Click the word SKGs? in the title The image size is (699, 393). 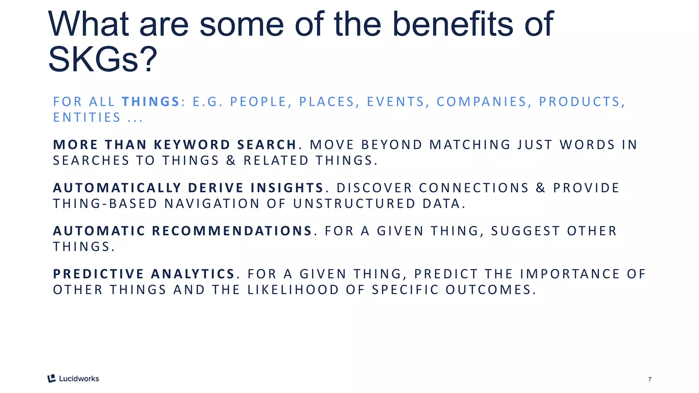click(x=102, y=60)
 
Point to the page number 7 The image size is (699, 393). click(x=650, y=379)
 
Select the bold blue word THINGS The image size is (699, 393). click(x=151, y=102)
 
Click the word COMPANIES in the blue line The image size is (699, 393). click(x=482, y=102)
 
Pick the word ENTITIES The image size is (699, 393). click(x=87, y=117)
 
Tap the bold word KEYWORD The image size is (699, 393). click(x=192, y=145)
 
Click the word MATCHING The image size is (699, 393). click(x=470, y=145)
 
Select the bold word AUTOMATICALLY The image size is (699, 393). click(x=117, y=188)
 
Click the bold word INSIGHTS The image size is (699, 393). click(x=287, y=188)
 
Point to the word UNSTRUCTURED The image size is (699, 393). click(x=354, y=204)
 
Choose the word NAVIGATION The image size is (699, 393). click(x=212, y=204)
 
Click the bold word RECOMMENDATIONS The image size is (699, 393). click(x=232, y=231)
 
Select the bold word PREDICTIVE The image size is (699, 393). click(x=98, y=274)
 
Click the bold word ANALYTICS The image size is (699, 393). click(x=192, y=274)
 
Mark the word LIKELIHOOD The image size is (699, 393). click(x=293, y=290)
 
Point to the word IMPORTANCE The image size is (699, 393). click(x=570, y=274)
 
